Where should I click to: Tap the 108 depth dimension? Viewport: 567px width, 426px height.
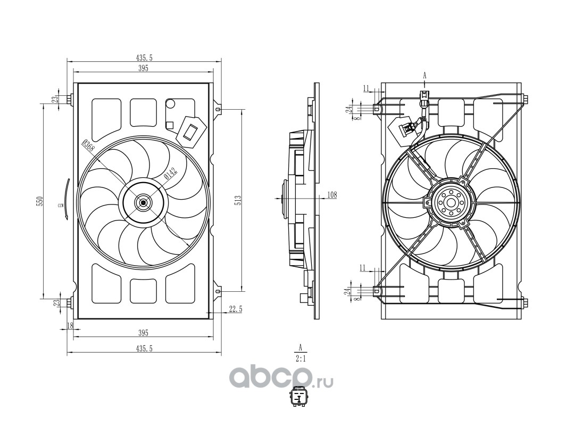point(332,195)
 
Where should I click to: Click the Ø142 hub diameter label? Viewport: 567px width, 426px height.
point(170,173)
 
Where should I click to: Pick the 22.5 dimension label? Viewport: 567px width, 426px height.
point(236,309)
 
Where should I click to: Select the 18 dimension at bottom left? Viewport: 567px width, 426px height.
point(70,325)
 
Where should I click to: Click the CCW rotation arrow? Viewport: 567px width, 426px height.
point(66,199)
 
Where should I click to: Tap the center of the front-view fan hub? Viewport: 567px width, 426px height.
point(143,202)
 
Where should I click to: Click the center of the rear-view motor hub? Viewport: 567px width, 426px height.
point(451,202)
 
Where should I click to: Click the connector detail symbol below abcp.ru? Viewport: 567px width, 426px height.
point(300,397)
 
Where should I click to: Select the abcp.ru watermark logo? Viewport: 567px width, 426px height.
point(281,378)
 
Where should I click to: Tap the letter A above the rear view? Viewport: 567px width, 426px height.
point(425,76)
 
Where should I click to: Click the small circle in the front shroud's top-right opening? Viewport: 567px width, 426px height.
point(170,104)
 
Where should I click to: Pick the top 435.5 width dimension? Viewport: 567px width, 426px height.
point(144,58)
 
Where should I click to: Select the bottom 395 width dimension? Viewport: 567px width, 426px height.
point(143,333)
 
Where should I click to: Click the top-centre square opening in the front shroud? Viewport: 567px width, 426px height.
point(143,112)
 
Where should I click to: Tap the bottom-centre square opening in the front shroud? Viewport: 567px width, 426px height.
point(143,291)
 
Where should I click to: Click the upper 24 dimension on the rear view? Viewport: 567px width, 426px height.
point(348,109)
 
